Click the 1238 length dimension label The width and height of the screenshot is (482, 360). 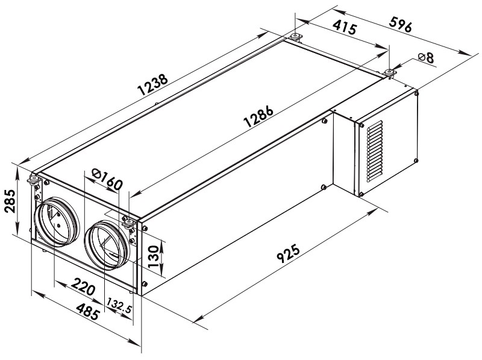[153, 84]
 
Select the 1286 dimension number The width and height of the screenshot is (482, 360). [258, 116]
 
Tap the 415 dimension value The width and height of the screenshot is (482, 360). [345, 27]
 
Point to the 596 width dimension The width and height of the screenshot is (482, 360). [400, 24]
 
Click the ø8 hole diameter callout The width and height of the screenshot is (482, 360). [426, 57]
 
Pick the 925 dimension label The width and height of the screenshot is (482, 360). [289, 253]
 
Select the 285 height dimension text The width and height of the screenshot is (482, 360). [10, 201]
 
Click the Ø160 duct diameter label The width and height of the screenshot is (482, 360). [107, 179]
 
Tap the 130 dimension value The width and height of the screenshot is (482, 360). [154, 256]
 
